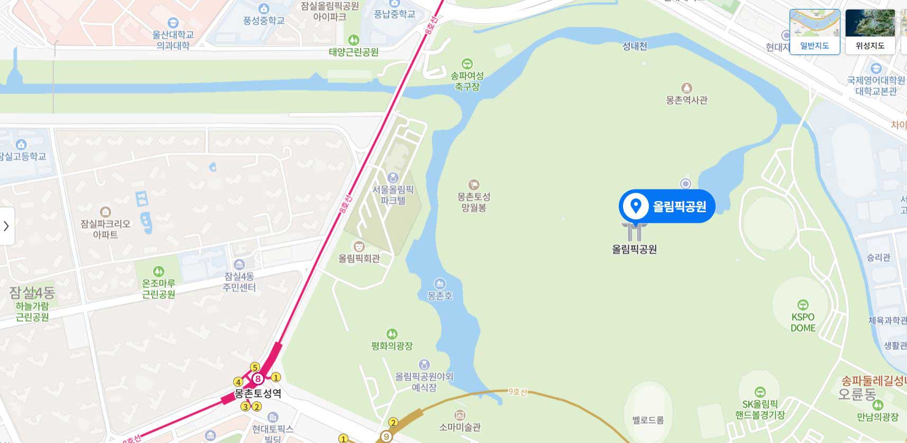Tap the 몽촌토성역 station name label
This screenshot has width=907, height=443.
(x=258, y=393)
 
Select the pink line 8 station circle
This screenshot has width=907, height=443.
(x=258, y=378)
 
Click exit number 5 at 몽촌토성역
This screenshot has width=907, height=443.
(x=255, y=367)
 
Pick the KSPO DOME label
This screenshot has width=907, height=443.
(x=803, y=322)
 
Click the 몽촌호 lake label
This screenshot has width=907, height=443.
(x=440, y=295)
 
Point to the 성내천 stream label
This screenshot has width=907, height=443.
(x=635, y=46)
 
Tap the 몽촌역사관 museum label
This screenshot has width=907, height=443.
(x=686, y=100)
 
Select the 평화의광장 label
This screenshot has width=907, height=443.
(x=392, y=346)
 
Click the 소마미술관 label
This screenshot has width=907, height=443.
(x=460, y=427)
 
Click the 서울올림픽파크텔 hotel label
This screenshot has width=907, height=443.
(x=393, y=194)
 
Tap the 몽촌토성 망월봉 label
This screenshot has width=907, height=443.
(x=474, y=202)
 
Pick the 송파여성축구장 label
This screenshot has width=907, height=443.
(x=467, y=81)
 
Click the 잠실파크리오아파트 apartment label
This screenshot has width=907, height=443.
(x=105, y=229)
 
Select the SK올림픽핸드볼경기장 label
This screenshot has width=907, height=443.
(x=760, y=410)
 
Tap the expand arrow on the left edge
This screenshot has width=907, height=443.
(x=6, y=226)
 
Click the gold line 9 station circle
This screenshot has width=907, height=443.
(x=387, y=437)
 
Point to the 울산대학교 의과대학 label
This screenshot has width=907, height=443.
(x=173, y=40)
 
